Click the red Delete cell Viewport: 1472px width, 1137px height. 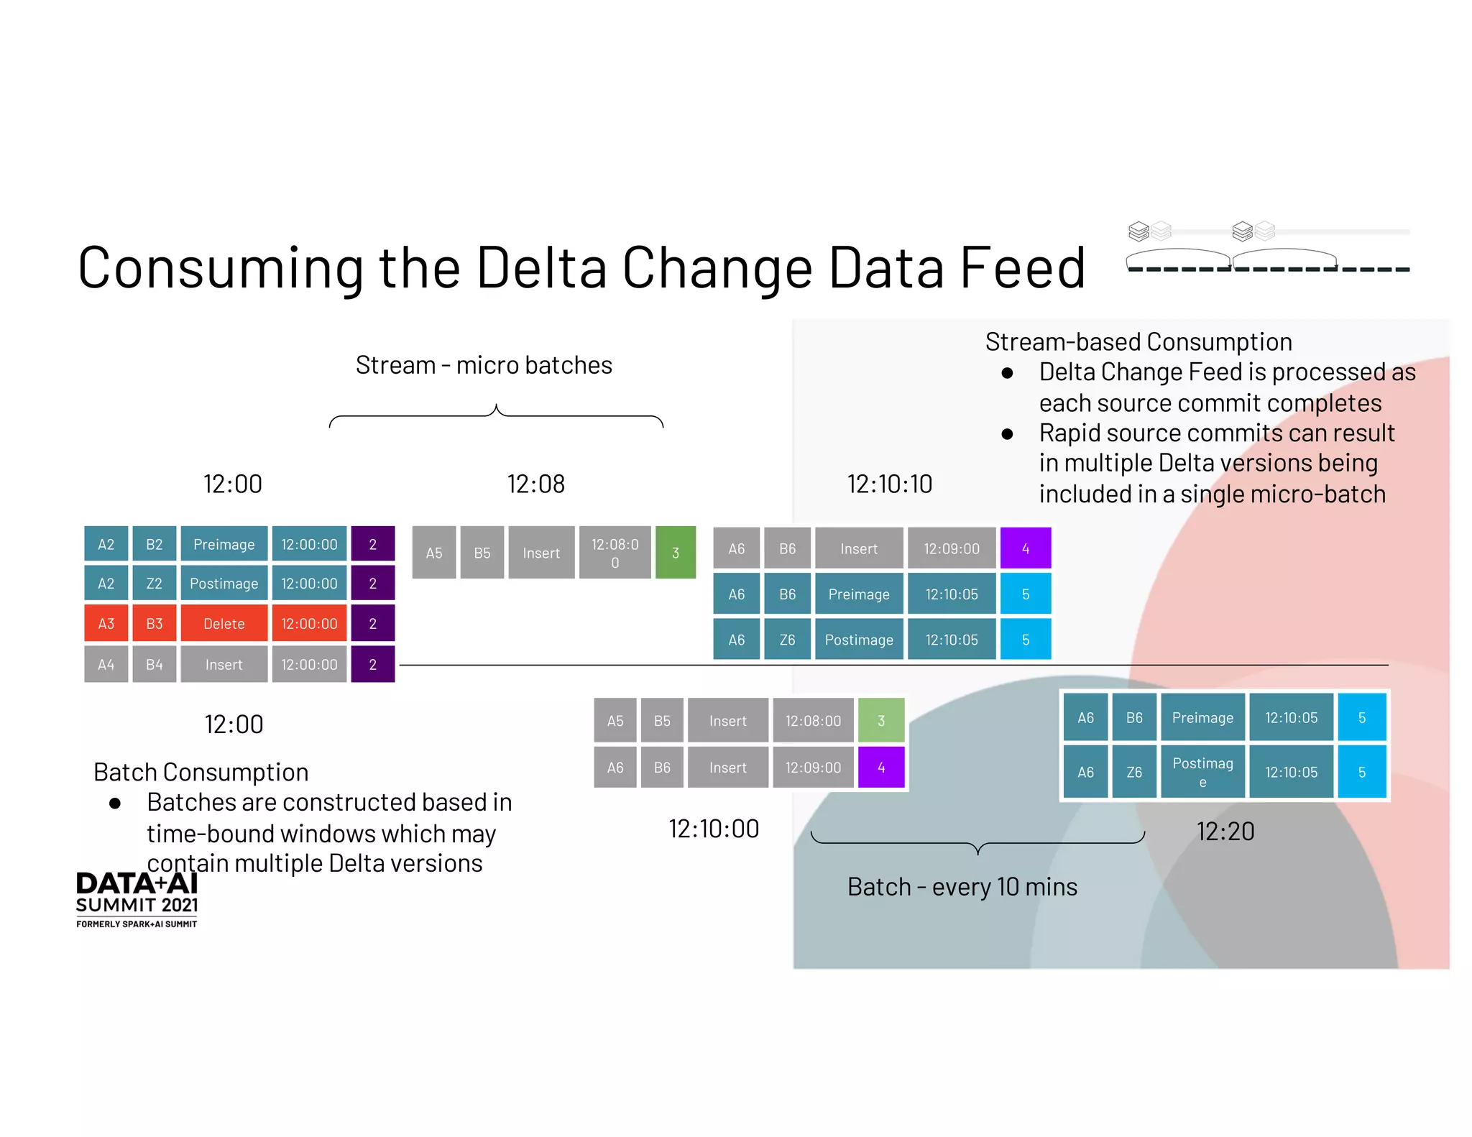tap(224, 623)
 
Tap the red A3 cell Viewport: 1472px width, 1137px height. tap(106, 623)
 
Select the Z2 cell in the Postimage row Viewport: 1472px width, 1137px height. tap(154, 583)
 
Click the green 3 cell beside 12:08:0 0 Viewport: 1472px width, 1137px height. tap(675, 553)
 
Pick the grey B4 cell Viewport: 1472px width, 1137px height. tap(154, 664)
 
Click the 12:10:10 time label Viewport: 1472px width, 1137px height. tap(889, 484)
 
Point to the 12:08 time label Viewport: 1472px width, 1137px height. tap(535, 484)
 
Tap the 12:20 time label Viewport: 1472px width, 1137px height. tap(1225, 832)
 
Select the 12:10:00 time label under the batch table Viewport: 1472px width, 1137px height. tap(713, 829)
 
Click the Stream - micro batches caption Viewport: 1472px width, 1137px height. tap(484, 365)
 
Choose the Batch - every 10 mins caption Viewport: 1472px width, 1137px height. tap(962, 887)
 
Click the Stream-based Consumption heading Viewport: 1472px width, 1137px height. tap(1138, 341)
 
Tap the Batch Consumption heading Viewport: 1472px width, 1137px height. tap(201, 772)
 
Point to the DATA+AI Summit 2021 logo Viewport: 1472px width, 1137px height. tap(137, 899)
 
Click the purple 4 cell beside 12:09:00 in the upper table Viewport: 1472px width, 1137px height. tap(1025, 548)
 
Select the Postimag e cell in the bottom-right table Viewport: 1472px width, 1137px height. tap(1202, 772)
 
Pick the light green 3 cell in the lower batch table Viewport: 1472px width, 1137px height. tap(880, 720)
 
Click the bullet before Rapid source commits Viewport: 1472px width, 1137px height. tap(1007, 434)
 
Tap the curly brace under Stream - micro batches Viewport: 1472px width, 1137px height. tap(496, 417)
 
